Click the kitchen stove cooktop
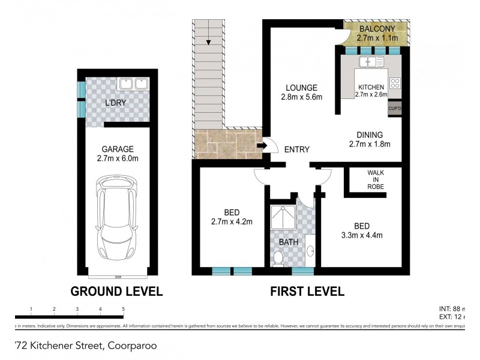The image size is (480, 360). coord(395,83)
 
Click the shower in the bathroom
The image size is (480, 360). coord(284,220)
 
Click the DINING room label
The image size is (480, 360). coord(370,135)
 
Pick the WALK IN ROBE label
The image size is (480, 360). coord(376,179)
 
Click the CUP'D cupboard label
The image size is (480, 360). coord(395,109)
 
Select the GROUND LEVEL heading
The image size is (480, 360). coord(117,292)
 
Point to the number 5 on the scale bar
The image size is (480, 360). coord(123,309)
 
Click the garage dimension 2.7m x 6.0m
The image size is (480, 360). coord(118,159)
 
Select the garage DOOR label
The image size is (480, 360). coord(118,277)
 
